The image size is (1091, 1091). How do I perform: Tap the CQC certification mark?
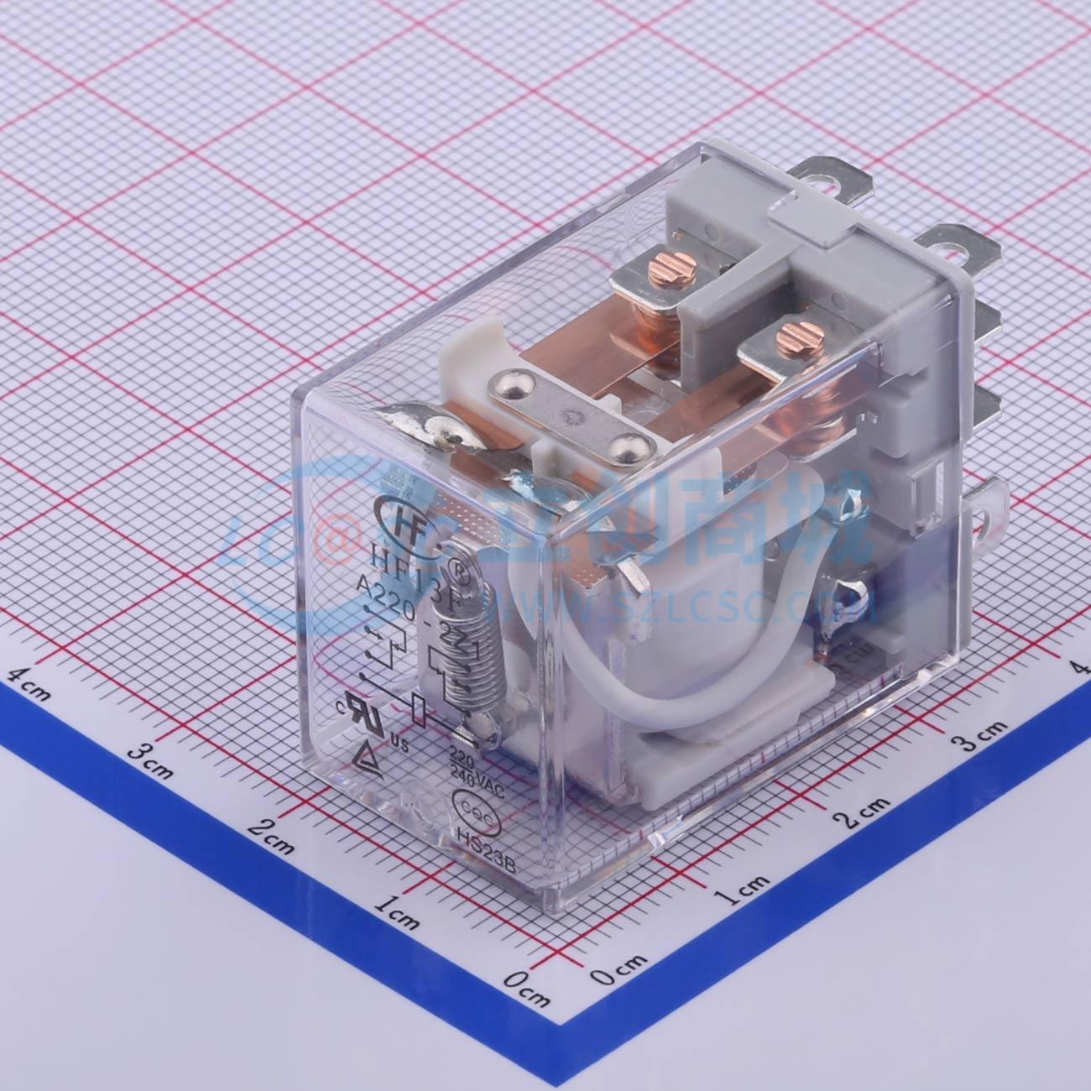point(472,807)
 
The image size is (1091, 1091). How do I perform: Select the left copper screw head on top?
point(663,269)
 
